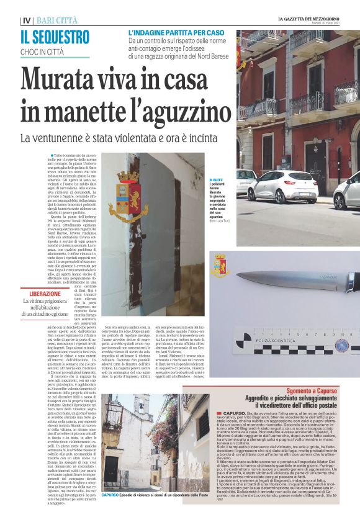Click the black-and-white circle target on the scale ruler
(341, 346)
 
